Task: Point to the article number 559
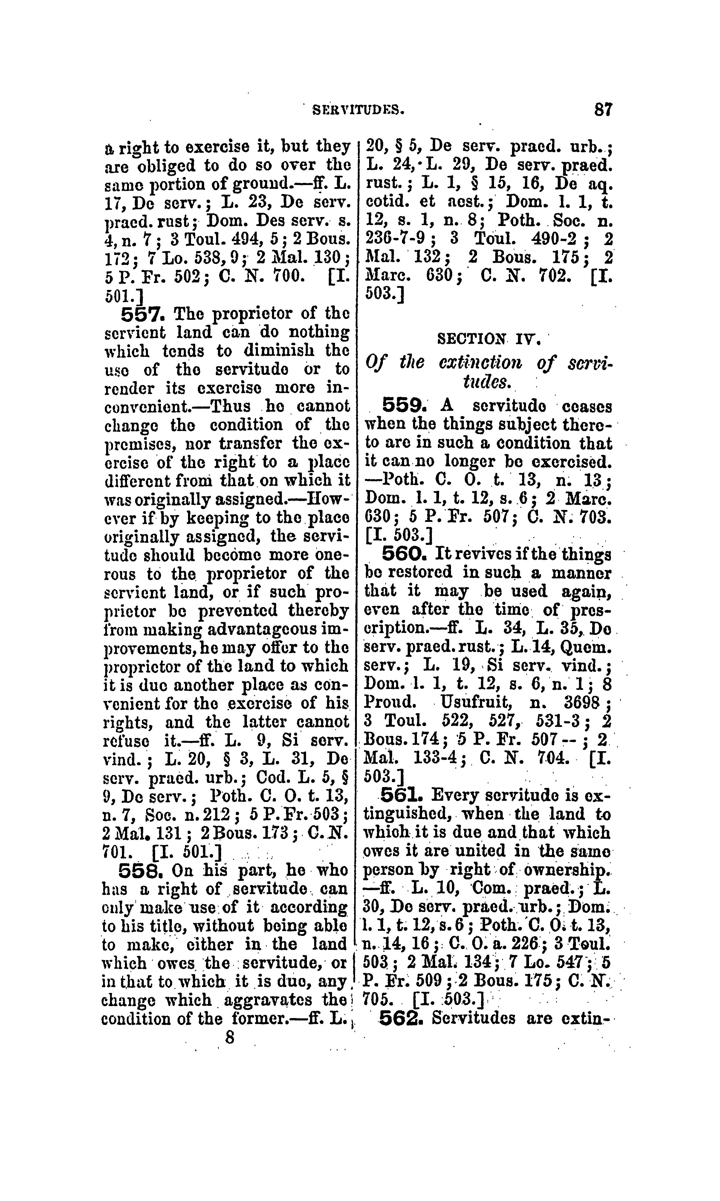coord(404,405)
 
